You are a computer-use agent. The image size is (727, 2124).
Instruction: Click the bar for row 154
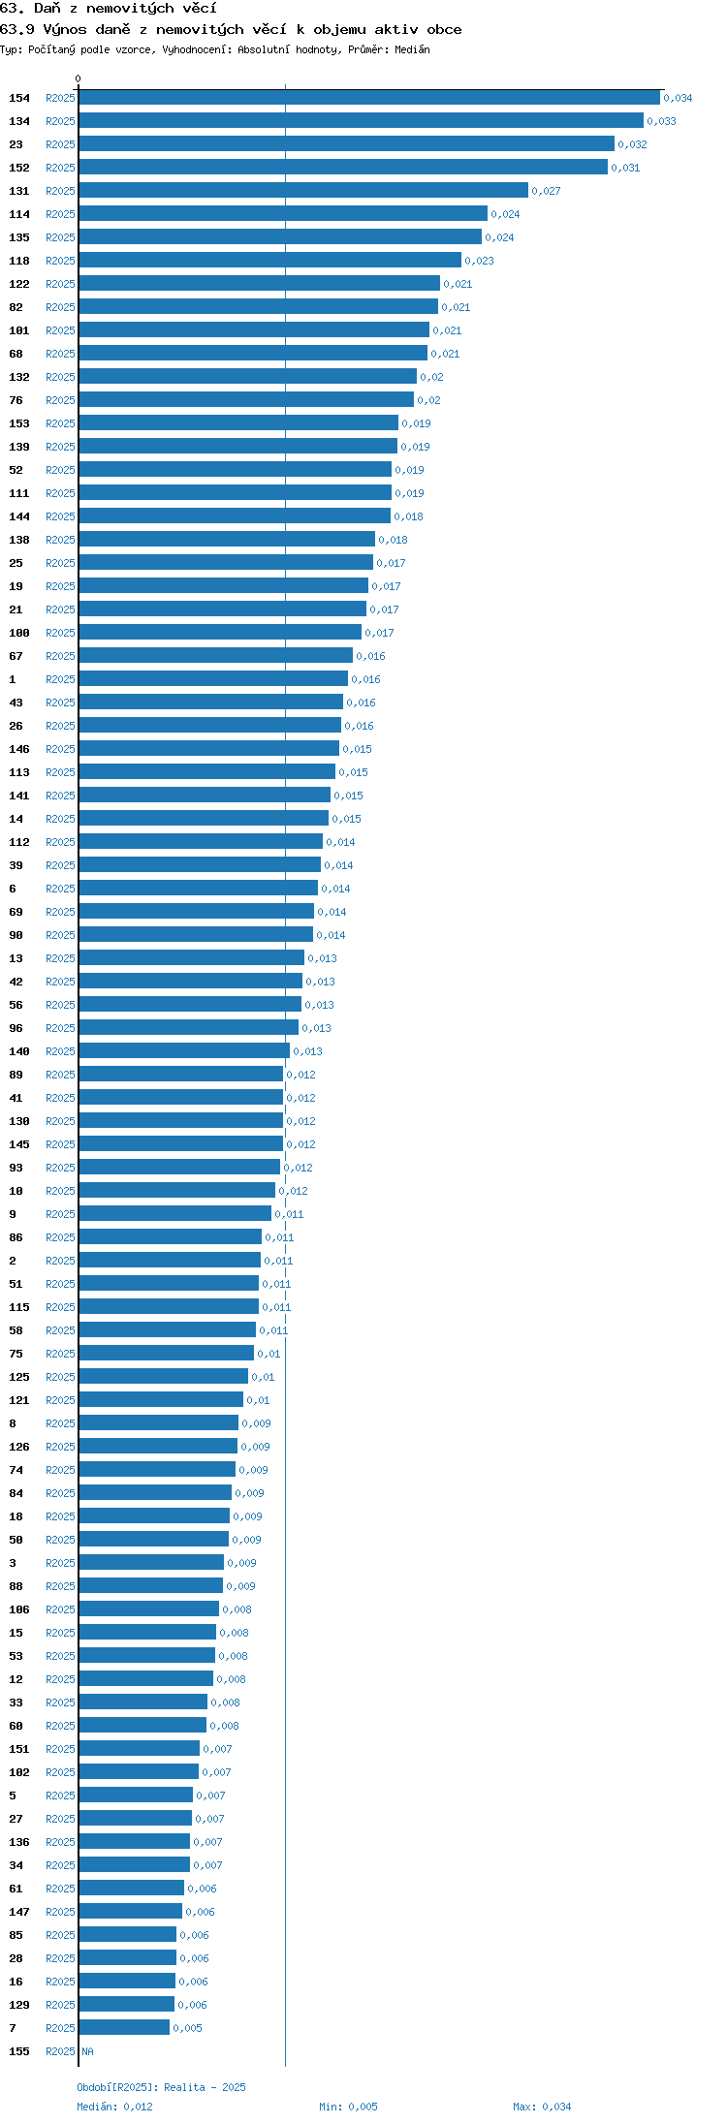[369, 98]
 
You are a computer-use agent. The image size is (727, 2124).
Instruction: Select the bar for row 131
[303, 191]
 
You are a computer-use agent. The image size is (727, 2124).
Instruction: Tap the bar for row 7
[124, 2028]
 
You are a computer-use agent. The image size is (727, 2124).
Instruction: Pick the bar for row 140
[184, 1051]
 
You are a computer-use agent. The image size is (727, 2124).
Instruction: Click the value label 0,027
[546, 192]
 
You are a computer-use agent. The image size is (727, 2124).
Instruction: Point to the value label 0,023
[479, 262]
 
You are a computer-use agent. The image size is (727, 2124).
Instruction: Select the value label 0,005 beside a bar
[187, 2029]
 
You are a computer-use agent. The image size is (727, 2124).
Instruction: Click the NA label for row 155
[88, 2052]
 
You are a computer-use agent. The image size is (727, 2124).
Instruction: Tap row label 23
[16, 145]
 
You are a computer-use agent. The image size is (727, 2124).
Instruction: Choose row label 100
[19, 634]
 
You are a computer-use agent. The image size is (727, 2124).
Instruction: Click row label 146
[19, 750]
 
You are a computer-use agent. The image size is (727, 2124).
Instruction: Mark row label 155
[19, 2052]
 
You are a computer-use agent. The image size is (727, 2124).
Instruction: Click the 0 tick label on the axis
[79, 79]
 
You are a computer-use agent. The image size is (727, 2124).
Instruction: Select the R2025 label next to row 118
[60, 262]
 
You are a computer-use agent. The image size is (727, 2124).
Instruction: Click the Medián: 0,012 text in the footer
[114, 2107]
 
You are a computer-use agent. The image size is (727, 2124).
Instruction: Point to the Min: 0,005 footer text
[349, 2107]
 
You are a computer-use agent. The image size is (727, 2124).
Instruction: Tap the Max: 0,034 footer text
[542, 2107]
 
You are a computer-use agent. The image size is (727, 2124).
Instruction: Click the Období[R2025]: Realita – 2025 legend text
[161, 2087]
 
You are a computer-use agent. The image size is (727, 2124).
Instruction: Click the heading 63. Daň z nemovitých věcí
[109, 9]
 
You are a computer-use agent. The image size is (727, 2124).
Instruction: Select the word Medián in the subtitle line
[412, 49]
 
